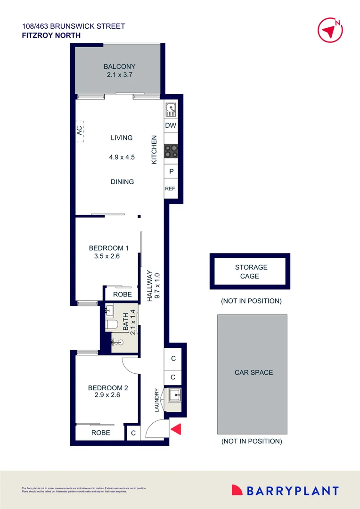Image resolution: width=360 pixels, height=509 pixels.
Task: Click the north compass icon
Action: pyautogui.click(x=329, y=30)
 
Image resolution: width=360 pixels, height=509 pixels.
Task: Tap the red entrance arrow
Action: pyautogui.click(x=176, y=429)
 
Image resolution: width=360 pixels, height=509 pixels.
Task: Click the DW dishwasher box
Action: pyautogui.click(x=171, y=125)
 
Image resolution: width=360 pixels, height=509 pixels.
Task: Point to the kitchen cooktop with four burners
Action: pyautogui.click(x=171, y=151)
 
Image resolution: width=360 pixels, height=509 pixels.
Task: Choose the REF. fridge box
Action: pyautogui.click(x=171, y=189)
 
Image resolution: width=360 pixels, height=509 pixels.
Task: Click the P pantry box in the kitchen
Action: pyautogui.click(x=171, y=172)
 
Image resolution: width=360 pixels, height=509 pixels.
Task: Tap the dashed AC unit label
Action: pyautogui.click(x=80, y=131)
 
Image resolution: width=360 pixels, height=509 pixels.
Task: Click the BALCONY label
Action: pyautogui.click(x=120, y=66)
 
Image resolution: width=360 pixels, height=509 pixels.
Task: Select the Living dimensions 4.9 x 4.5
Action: pyautogui.click(x=122, y=157)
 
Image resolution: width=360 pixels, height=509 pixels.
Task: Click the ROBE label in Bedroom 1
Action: pyautogui.click(x=123, y=295)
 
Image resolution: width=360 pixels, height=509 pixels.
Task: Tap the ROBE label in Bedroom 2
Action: pyautogui.click(x=101, y=433)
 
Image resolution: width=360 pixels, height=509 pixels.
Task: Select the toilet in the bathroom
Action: pyautogui.click(x=111, y=325)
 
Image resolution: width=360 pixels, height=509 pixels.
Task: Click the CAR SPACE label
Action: pyautogui.click(x=254, y=372)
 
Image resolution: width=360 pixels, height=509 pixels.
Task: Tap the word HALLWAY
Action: pyautogui.click(x=150, y=286)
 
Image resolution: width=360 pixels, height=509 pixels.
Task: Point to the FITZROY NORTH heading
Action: pyautogui.click(x=51, y=35)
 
